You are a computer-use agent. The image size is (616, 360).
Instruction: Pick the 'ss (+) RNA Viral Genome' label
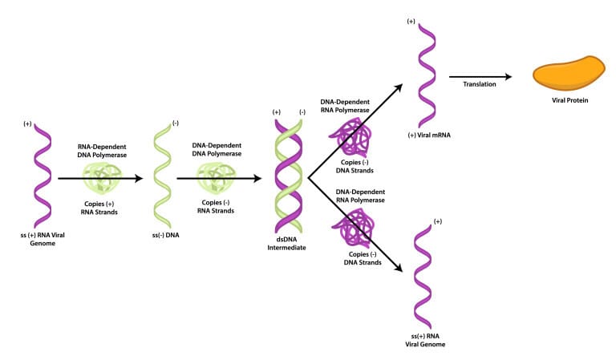click(41, 237)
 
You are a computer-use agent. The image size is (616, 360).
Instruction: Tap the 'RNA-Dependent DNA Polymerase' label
click(100, 152)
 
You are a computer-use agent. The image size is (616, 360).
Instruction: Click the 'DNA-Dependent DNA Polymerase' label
click(213, 149)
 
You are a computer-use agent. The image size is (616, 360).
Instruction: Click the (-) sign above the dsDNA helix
click(302, 111)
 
